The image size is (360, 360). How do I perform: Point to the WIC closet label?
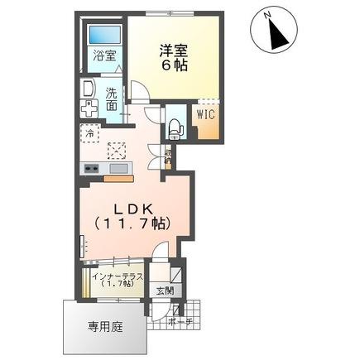coord(205,115)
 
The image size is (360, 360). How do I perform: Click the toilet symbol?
coord(175,123)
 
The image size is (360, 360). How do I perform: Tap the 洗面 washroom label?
coord(112,99)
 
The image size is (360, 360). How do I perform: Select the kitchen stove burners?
coord(89,169)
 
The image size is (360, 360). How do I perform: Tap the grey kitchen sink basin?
coord(118,169)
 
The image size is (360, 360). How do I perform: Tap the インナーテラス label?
coord(119,276)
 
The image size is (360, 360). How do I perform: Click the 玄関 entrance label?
coord(164,290)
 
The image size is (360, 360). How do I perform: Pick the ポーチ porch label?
coord(180,321)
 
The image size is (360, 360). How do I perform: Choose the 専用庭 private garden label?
coord(105,326)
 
